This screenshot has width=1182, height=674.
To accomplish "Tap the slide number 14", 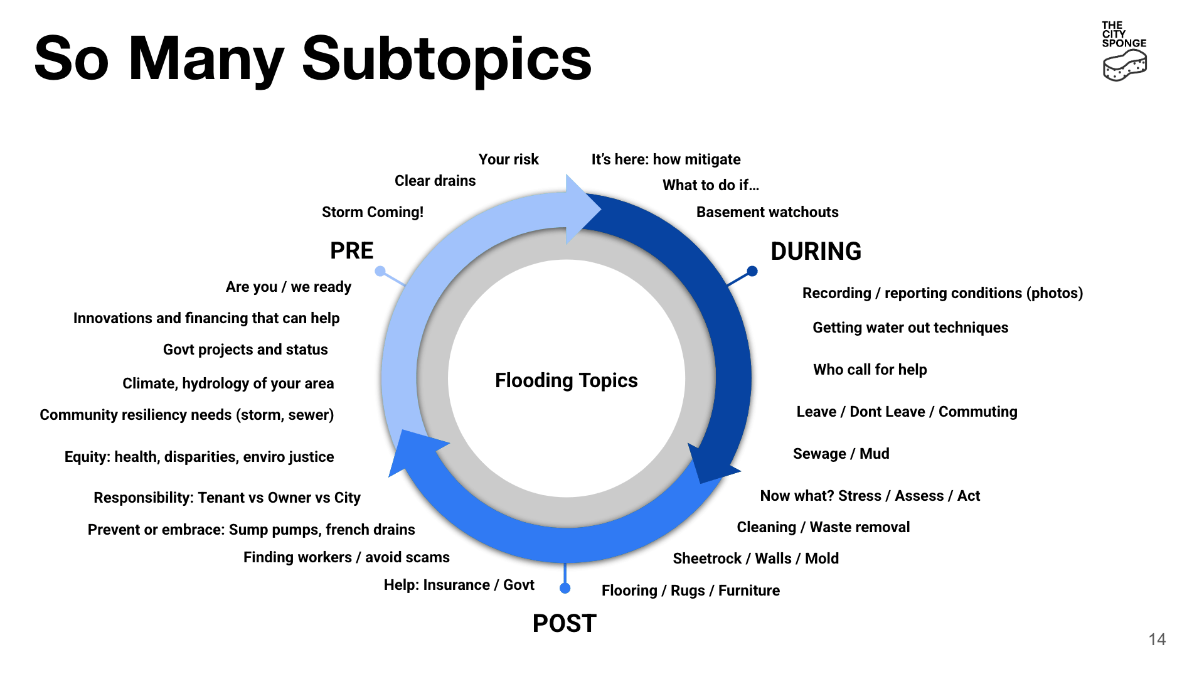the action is tap(1157, 639).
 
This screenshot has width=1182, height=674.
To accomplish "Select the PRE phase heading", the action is tap(351, 250).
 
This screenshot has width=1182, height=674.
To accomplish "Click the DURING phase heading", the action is tap(816, 251).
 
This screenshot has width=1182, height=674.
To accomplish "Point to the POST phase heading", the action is tap(564, 623).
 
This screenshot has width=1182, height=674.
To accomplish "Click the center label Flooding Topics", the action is tap(566, 380).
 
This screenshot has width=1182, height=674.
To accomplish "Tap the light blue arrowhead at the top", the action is tap(582, 209).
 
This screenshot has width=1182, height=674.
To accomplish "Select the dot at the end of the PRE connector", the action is tap(380, 271).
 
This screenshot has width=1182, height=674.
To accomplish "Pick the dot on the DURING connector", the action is tap(752, 271).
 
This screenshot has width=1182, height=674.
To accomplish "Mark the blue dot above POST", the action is tap(565, 588).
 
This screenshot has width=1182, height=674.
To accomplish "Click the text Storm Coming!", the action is tap(373, 212).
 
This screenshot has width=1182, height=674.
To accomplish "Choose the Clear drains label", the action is tap(435, 181).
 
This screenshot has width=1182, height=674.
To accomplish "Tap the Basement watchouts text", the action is tap(767, 212).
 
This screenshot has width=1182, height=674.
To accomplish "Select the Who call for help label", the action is tap(870, 370).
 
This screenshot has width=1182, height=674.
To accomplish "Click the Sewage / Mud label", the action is tap(841, 454).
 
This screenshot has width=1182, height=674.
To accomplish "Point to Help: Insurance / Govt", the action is tap(459, 585).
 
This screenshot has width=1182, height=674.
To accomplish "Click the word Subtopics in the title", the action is tap(447, 59).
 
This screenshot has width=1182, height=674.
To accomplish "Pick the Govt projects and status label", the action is tap(245, 350).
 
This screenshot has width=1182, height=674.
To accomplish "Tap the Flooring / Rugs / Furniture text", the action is tap(691, 591).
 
